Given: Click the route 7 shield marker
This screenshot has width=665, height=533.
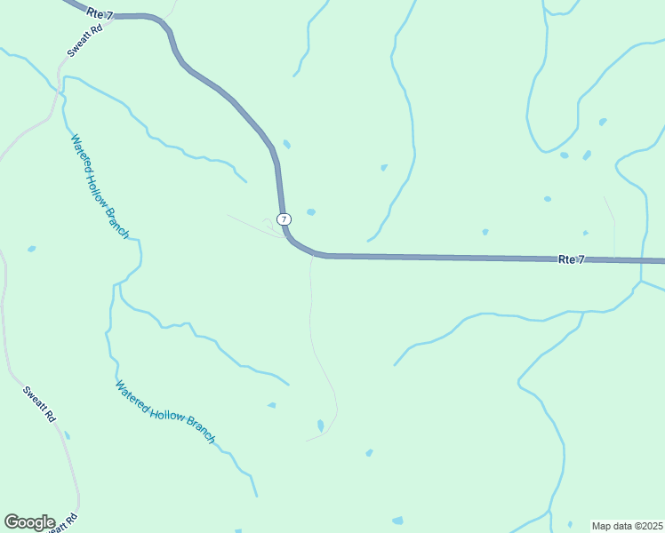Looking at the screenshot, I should click(x=284, y=219).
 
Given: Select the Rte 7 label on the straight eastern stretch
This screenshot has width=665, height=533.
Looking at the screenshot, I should click(x=572, y=259).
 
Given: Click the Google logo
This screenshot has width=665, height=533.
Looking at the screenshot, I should click(x=29, y=522).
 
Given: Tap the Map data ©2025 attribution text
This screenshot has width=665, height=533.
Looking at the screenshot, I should click(x=627, y=526).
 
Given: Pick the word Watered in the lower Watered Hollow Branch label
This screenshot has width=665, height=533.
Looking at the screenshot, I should click(x=131, y=396).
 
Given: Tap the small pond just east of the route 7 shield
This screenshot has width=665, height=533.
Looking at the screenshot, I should click(x=310, y=211).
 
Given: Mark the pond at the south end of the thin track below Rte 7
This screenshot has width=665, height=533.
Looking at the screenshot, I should click(x=320, y=426).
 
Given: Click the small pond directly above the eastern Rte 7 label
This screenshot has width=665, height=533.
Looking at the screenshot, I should click(x=585, y=233).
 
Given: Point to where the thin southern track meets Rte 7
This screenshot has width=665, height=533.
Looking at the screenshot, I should click(x=312, y=257).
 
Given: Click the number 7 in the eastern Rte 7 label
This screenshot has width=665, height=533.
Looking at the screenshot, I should click(x=581, y=259).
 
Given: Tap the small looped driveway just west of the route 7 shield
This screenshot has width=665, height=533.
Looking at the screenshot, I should click(x=268, y=223).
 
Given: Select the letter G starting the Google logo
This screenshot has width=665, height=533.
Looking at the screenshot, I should click(x=12, y=522).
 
